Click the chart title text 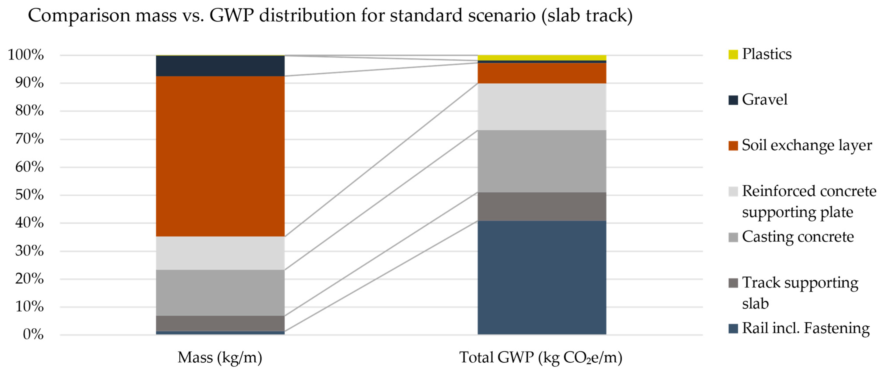[330, 15]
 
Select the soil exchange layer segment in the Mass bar [220, 156]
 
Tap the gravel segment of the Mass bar [220, 66]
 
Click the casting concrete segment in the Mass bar [220, 293]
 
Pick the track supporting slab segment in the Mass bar [220, 323]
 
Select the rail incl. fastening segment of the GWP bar [542, 278]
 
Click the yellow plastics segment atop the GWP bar [542, 57]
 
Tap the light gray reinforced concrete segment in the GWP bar [542, 107]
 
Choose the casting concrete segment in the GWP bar [542, 161]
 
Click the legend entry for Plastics [766, 54]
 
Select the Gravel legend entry [764, 100]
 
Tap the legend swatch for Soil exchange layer [733, 146]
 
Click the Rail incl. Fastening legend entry [805, 328]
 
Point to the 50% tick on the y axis [29, 195]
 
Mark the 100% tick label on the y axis [26, 55]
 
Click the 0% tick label [33, 334]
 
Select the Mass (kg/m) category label [220, 358]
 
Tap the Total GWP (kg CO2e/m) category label [540, 358]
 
